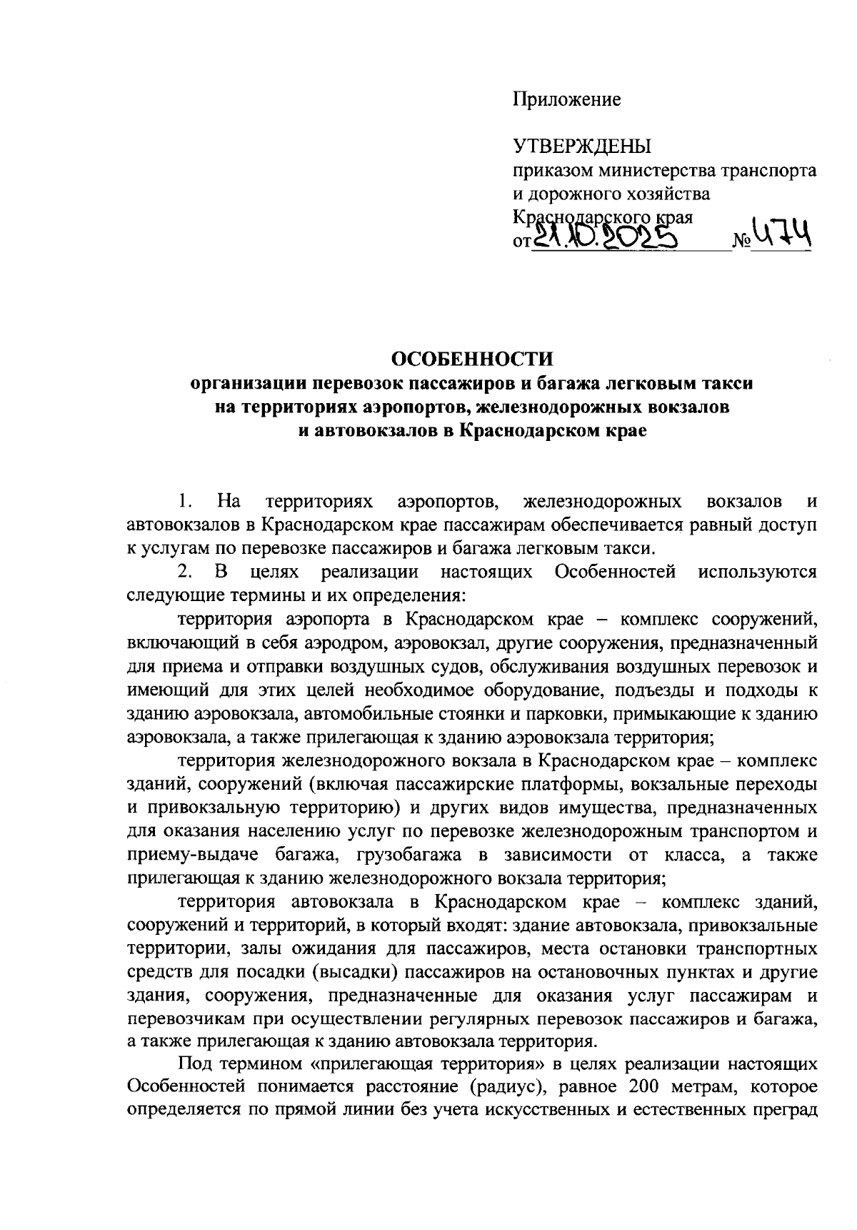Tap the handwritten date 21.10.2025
[605, 237]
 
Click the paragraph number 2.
[184, 572]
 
